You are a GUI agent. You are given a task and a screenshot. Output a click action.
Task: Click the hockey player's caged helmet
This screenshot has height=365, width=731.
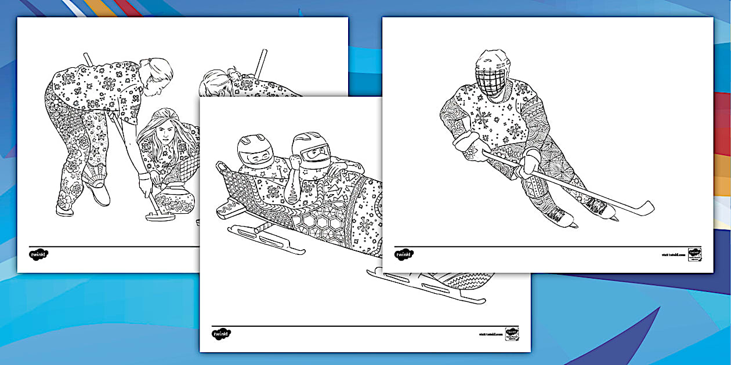[492, 72]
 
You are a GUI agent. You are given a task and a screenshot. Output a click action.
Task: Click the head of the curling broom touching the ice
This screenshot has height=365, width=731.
[155, 217]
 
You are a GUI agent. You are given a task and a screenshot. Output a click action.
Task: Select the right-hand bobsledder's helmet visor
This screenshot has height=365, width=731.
[316, 154]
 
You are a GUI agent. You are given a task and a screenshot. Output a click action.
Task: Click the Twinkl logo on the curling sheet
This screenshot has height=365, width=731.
[38, 254]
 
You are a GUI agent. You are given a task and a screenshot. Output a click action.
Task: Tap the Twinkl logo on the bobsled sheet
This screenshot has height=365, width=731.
[221, 334]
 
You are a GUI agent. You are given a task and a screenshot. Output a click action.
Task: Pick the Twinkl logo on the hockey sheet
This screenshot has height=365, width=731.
[404, 254]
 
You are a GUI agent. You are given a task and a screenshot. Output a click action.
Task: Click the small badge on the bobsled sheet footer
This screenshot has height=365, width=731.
[512, 333]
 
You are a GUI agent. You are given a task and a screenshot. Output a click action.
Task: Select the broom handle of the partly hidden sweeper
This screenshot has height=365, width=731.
[260, 64]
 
